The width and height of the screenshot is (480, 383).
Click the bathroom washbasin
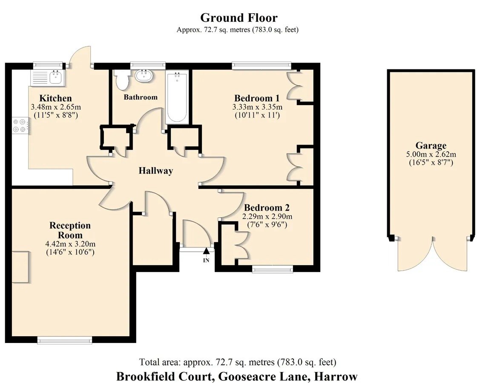click(144, 76)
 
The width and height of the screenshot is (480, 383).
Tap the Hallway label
click(156, 170)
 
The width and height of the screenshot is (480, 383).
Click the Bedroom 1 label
click(256, 98)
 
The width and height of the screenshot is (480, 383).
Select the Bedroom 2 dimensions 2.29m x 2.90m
click(267, 217)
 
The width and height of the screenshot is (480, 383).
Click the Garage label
click(431, 146)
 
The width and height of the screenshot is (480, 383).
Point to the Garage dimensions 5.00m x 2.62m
click(431, 154)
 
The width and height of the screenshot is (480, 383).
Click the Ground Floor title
click(239, 18)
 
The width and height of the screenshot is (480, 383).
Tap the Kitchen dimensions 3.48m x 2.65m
click(56, 107)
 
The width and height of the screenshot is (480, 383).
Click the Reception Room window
click(65, 340)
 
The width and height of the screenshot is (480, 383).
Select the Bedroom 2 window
click(272, 269)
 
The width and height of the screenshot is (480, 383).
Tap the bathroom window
click(147, 65)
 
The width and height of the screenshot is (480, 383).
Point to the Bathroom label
click(141, 97)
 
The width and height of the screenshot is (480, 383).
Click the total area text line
click(238, 362)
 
